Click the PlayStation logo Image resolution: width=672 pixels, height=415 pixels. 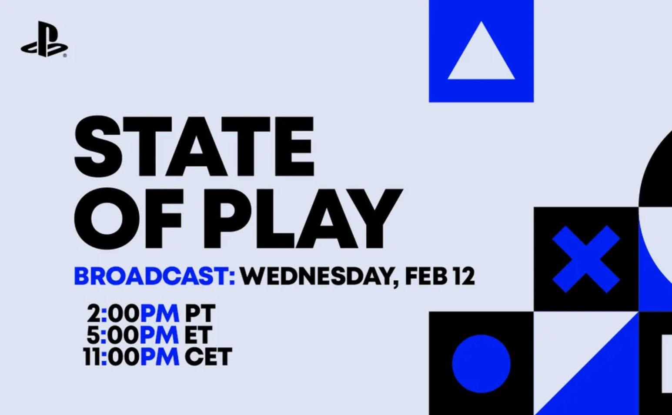click(x=44, y=40)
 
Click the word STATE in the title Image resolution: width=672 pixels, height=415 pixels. click(x=194, y=146)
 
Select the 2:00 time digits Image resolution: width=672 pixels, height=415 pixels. click(x=113, y=313)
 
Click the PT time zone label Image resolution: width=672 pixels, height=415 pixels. click(x=200, y=313)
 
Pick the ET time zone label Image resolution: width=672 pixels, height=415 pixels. click(x=198, y=335)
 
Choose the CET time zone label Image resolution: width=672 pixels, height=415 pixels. click(x=208, y=357)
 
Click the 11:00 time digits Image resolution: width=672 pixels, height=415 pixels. click(x=111, y=357)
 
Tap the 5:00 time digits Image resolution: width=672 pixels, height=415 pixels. click(x=112, y=335)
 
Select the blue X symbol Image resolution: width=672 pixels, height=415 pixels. click(x=586, y=259)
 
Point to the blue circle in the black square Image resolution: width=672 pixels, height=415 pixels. click(x=481, y=364)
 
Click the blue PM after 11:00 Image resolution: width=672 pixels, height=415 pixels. click(x=160, y=357)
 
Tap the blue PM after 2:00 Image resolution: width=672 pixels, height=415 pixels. click(x=160, y=313)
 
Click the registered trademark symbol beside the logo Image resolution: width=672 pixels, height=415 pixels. click(x=65, y=56)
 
